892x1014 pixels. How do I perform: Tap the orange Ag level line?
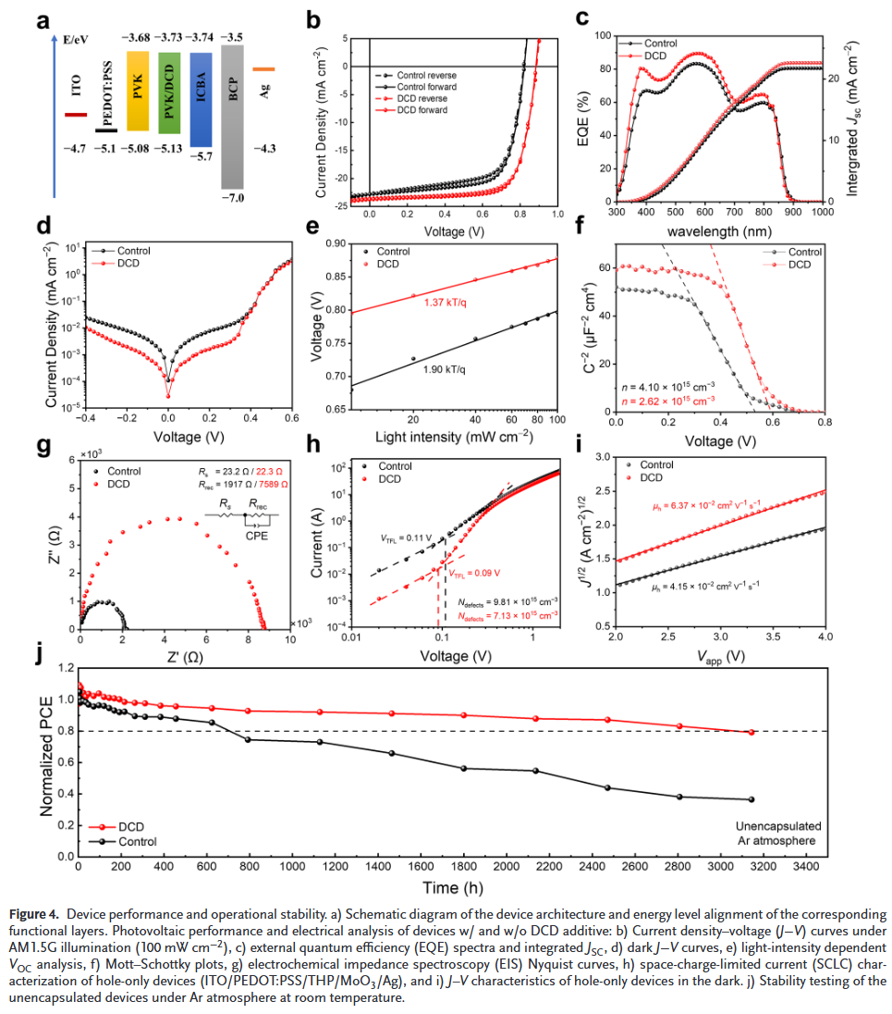pos(263,68)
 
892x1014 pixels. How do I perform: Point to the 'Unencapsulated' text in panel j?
pos(779,825)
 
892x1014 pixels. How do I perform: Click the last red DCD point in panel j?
pos(751,733)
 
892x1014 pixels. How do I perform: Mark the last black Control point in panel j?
pos(751,799)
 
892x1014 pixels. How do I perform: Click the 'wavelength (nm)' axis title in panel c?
pos(717,229)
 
